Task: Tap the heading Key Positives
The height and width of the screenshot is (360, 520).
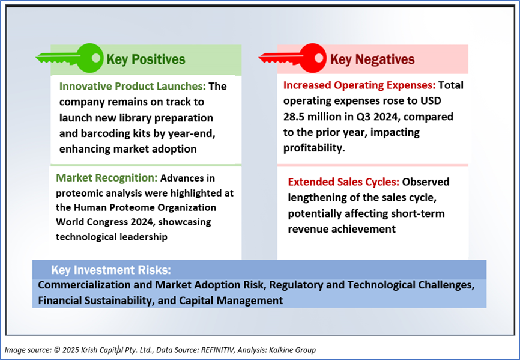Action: coord(145,59)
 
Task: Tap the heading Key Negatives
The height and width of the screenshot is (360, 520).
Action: coord(372,59)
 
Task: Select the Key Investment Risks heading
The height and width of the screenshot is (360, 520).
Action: coord(111,270)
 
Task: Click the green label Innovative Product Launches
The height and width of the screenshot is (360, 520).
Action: coord(132,87)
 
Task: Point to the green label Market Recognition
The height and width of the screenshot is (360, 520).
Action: coord(106,178)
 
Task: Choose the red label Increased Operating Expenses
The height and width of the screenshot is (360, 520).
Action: coord(359,85)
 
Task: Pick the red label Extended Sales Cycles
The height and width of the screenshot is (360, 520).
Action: coord(343,182)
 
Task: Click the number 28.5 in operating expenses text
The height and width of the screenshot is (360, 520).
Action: coord(294,117)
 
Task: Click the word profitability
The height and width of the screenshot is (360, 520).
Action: coord(314,148)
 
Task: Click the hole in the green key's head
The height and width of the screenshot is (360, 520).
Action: coord(96,58)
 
